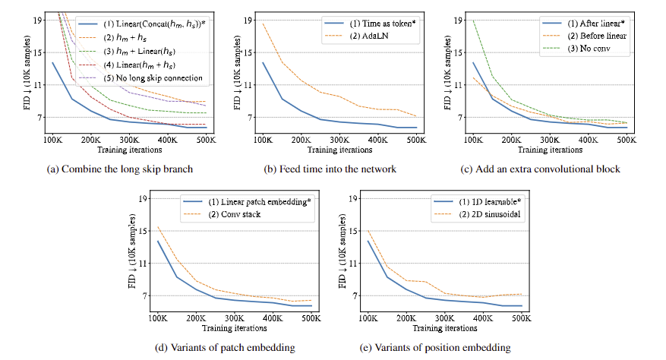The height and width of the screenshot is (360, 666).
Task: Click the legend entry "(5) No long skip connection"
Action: pos(159,77)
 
